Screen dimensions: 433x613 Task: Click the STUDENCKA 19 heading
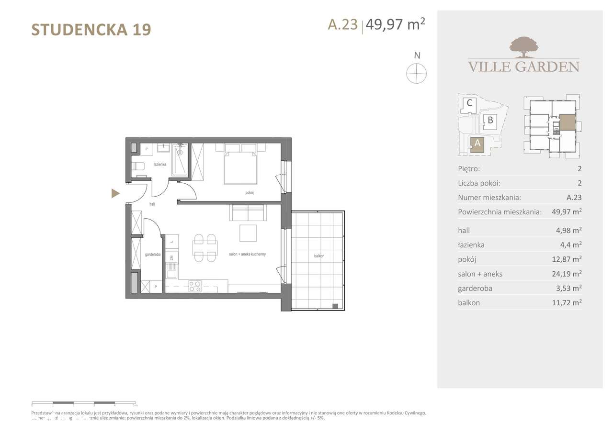coord(91,30)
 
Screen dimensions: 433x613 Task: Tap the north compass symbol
coord(417,73)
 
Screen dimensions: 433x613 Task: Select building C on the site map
coord(469,103)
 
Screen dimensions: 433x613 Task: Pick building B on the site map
coord(490,120)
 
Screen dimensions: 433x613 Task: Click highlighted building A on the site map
coord(477,143)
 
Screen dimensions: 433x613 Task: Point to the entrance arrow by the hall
coord(115,193)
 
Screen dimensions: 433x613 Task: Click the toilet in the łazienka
coord(138,166)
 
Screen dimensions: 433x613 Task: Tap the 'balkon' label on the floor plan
coord(319,256)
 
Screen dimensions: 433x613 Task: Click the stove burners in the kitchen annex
coord(194,286)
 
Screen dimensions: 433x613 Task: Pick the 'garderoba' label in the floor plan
coord(153,254)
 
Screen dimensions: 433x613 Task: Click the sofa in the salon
coord(247,213)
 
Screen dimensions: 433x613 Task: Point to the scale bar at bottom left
coord(84,403)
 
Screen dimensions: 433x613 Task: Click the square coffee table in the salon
coord(248,233)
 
